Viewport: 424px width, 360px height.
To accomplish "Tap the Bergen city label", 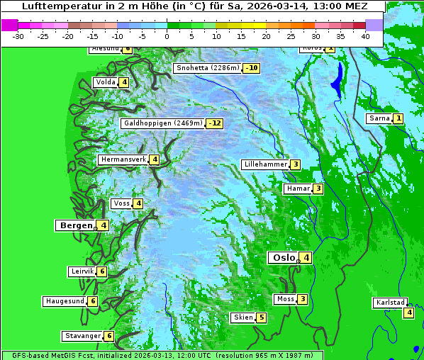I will click(75, 225).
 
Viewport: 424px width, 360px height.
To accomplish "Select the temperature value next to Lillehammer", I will click(295, 164).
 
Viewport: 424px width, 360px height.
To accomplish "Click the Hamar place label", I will click(297, 189).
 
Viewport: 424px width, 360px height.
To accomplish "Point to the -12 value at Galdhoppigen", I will click(215, 123).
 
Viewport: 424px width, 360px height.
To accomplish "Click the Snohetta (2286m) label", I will click(207, 68).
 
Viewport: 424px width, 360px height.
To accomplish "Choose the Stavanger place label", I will click(82, 336).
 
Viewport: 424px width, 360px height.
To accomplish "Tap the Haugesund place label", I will click(65, 301).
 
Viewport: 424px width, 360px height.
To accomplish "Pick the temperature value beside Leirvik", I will click(102, 271).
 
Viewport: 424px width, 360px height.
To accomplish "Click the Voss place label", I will click(121, 203).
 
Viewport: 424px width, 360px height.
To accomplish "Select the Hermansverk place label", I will click(123, 159).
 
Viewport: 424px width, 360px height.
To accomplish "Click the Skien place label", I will click(242, 317).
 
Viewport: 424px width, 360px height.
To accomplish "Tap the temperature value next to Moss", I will click(303, 299).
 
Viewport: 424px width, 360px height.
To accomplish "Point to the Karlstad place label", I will click(390, 303).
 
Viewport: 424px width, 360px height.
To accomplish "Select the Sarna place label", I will click(379, 118).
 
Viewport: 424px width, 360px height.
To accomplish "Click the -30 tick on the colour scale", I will click(18, 35).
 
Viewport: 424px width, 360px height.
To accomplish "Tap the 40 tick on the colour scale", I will click(365, 35).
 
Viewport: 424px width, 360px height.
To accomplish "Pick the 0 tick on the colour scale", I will click(167, 35).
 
